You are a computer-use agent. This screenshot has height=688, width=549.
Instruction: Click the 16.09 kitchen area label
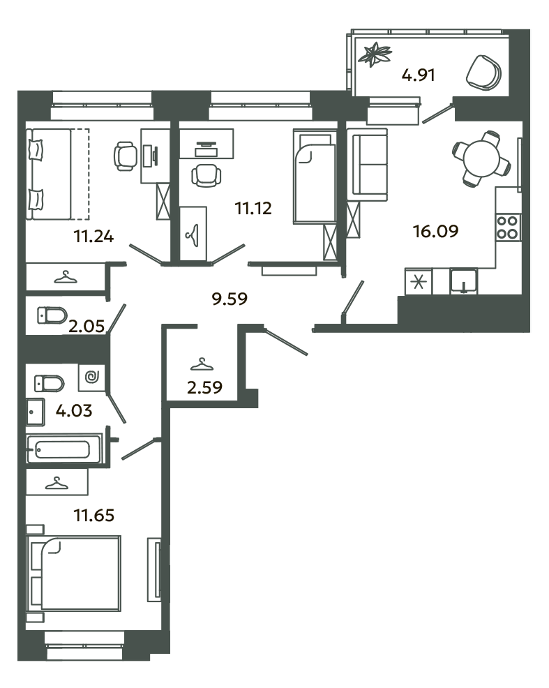pos(435,231)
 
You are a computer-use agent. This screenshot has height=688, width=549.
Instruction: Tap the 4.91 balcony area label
pos(419,75)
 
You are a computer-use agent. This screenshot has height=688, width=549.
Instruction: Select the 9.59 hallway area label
pos(230,299)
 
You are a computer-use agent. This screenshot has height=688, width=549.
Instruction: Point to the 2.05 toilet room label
pos(87,326)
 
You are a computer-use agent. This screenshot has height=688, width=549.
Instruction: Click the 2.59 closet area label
pos(204,387)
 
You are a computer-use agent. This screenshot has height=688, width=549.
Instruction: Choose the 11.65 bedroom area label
pos(94,515)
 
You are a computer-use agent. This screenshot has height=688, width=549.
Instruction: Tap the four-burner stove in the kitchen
pos(508,227)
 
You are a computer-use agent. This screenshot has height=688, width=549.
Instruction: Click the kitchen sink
pos(463,281)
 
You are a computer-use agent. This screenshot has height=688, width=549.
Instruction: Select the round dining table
pos(481,159)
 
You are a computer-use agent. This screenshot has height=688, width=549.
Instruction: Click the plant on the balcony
pos(374,54)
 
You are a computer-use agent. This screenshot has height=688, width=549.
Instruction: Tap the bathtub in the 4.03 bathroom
pos(64,449)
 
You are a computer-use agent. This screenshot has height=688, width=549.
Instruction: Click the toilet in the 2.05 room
pos(52,315)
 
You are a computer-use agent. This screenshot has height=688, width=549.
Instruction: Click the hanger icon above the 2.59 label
pos(202,364)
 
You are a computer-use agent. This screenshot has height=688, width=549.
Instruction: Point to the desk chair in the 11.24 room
pos(125,156)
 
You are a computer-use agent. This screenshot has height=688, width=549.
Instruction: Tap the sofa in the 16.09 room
pos(367,165)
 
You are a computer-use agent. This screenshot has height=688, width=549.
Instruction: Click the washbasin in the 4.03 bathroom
pos(35,412)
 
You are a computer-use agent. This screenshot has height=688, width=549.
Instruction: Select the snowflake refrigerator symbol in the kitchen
pos(419,281)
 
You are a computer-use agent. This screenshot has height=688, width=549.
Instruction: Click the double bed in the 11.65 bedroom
pos(73,573)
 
